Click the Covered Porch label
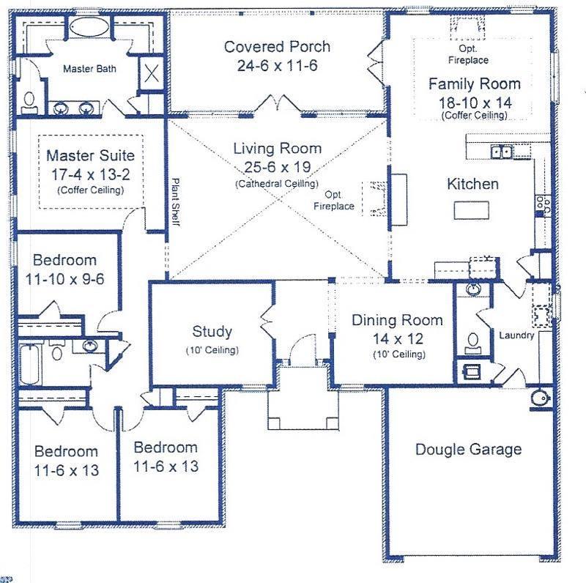(277, 47)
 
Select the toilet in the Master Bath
(29, 100)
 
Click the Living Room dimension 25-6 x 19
(277, 167)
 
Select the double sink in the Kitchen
(502, 152)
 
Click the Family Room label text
(474, 83)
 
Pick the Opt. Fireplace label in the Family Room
(469, 55)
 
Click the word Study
(212, 332)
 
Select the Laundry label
(517, 335)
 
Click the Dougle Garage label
(468, 449)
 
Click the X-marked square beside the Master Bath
(150, 74)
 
